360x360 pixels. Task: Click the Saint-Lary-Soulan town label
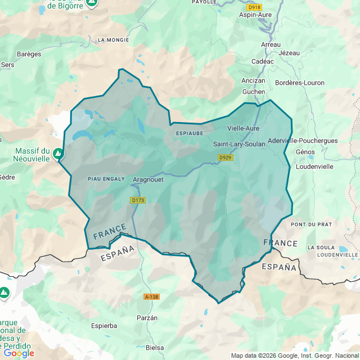tap(239, 144)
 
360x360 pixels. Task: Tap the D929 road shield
tap(226, 157)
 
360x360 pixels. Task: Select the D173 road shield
tap(138, 200)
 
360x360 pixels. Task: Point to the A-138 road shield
tap(151, 296)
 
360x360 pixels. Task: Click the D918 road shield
tap(254, 7)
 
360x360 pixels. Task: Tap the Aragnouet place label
tap(148, 180)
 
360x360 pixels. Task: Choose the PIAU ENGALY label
tap(106, 179)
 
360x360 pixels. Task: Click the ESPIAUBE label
tap(189, 133)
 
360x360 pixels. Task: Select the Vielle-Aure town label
tap(243, 128)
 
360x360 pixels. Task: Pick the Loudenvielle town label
tap(314, 166)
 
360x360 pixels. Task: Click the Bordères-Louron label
tap(300, 83)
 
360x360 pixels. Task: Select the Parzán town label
tap(147, 318)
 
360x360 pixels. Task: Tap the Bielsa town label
tap(155, 348)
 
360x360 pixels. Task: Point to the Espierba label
tap(104, 326)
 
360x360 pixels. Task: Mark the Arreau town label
tap(271, 44)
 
